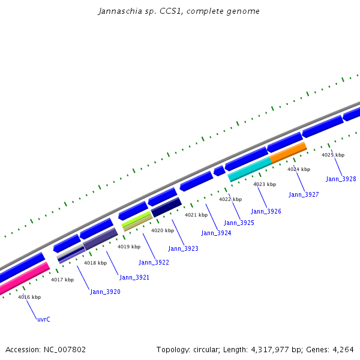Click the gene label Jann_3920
105,292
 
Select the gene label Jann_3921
134,277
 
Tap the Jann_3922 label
154,262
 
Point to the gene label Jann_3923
183,248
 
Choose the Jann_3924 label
216,233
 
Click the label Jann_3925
239,223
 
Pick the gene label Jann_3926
266,211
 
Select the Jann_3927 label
304,194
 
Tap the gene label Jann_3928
341,179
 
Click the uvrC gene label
44,319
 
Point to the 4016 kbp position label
29,297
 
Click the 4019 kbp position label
129,247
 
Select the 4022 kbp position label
230,199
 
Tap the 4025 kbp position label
333,155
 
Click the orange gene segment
289,152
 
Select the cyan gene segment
250,169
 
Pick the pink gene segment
24,279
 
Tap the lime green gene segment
136,220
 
